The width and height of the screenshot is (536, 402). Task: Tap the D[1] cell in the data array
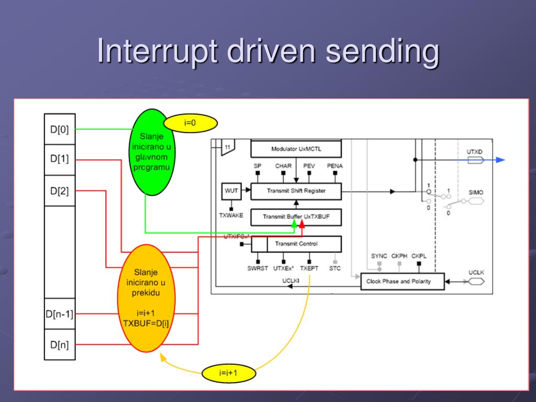click(x=59, y=158)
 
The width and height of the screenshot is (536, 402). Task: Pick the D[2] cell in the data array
click(x=59, y=191)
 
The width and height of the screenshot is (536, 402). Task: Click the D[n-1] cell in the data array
click(x=59, y=314)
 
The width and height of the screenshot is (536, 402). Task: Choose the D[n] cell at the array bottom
click(x=59, y=344)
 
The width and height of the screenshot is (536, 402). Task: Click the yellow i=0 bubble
click(x=190, y=123)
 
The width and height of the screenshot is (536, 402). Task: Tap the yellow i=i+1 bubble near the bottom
click(x=229, y=373)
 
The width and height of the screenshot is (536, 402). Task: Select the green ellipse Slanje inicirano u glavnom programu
click(x=152, y=152)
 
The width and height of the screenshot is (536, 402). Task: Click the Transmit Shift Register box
click(x=296, y=191)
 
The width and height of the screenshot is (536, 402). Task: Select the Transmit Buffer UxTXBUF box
click(x=296, y=216)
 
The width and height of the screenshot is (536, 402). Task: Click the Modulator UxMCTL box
click(x=296, y=149)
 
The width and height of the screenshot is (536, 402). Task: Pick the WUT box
click(x=231, y=191)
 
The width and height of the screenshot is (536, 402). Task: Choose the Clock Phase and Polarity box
click(x=402, y=281)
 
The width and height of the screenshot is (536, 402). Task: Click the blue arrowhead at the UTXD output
click(x=500, y=160)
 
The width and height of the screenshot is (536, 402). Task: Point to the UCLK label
click(x=476, y=273)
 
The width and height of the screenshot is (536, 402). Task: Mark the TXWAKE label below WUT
click(x=231, y=215)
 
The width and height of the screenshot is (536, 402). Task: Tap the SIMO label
click(x=476, y=193)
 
